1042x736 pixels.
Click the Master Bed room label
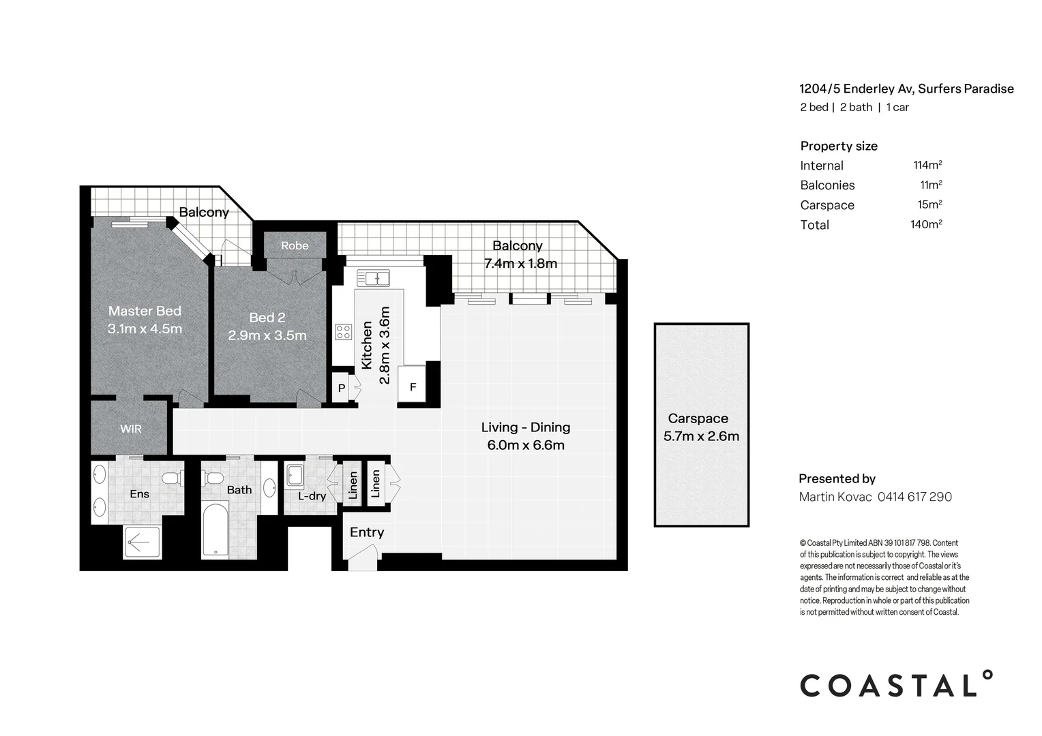click(x=145, y=311)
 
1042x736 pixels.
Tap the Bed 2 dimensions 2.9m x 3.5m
click(x=267, y=335)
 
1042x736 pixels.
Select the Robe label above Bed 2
click(x=295, y=245)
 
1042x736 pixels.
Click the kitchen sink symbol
click(x=377, y=277)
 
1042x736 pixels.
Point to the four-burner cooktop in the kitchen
click(x=343, y=332)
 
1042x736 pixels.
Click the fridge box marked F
click(x=413, y=387)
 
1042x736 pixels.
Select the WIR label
click(x=131, y=429)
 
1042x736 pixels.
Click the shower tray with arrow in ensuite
click(x=142, y=542)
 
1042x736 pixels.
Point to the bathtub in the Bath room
click(x=215, y=530)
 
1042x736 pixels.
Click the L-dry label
click(x=312, y=496)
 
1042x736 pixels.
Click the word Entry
click(x=367, y=532)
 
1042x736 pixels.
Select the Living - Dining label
click(x=525, y=427)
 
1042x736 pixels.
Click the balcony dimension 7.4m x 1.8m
click(x=520, y=264)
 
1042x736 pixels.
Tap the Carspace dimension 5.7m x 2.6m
click(x=701, y=436)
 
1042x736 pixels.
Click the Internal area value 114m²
click(x=927, y=165)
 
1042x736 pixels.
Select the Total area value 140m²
click(x=926, y=224)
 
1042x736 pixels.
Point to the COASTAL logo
click(x=895, y=684)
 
